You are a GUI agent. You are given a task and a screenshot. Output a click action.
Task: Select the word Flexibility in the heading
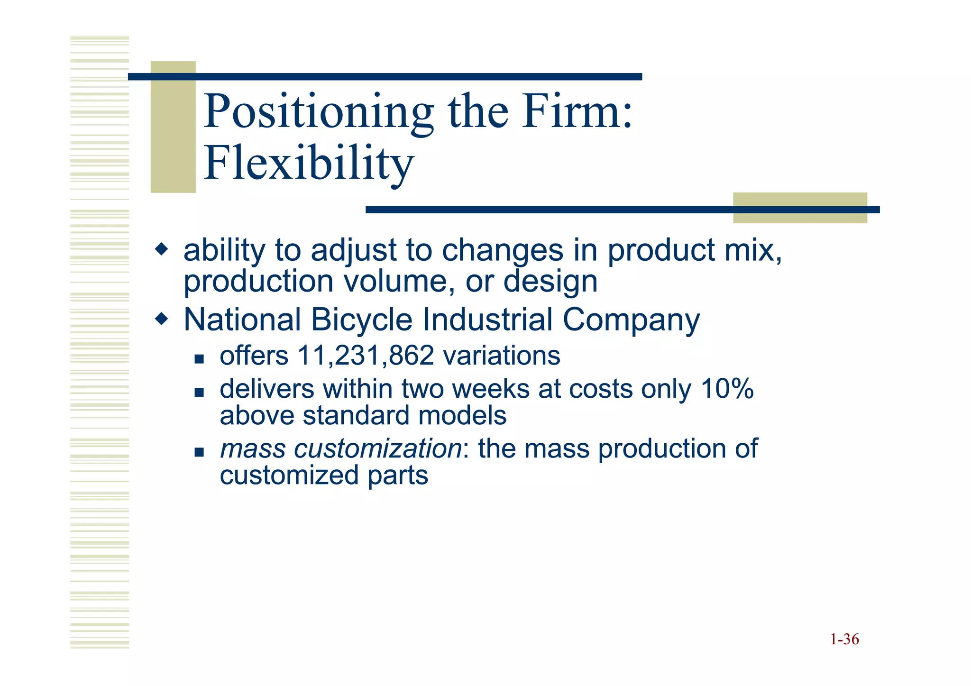pos(309,164)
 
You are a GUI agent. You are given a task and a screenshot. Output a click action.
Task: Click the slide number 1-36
pos(844,640)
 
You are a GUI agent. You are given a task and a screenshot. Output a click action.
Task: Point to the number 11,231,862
pos(366,356)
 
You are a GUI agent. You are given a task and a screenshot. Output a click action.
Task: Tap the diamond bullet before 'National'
pos(162,319)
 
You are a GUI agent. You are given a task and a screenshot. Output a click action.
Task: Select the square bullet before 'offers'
pos(199,359)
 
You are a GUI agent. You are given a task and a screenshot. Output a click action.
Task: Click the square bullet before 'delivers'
pos(199,392)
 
